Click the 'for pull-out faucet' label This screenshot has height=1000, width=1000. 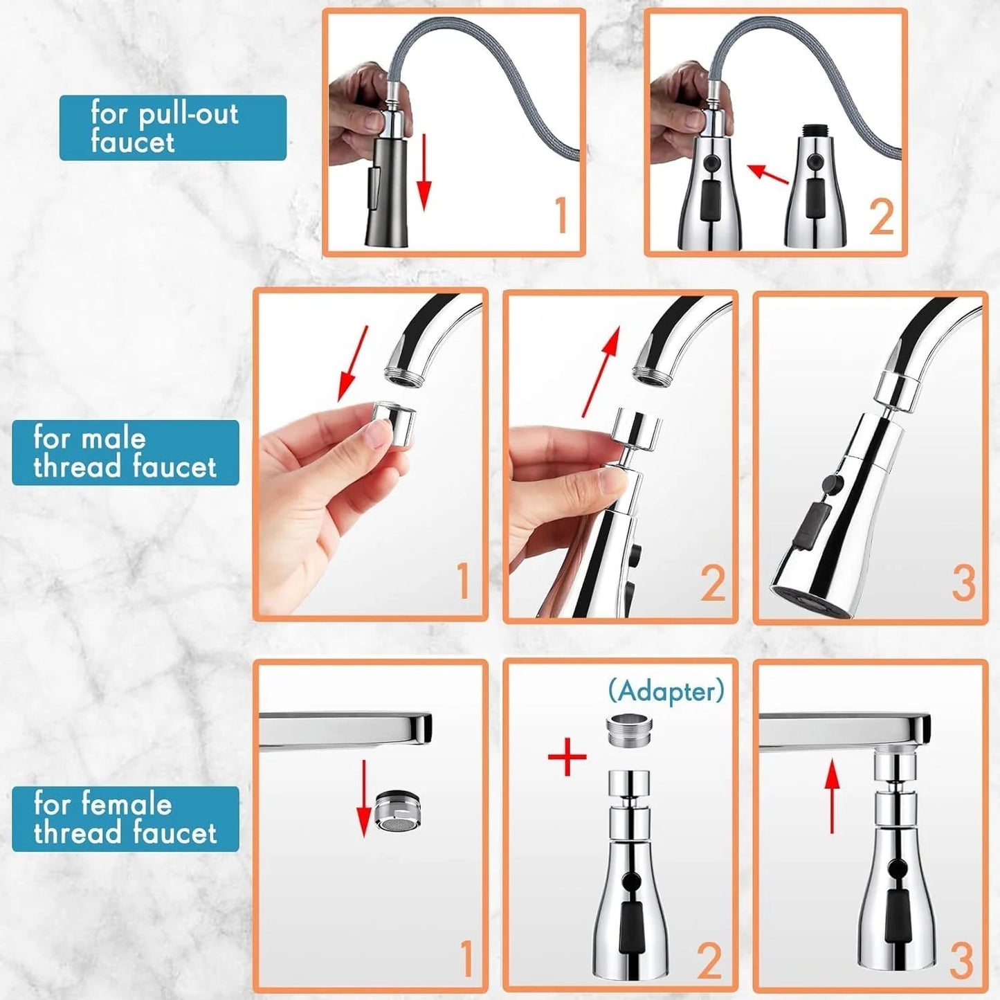(x=172, y=128)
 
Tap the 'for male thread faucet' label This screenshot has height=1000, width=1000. (x=125, y=453)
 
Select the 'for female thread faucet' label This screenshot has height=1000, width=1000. (x=125, y=819)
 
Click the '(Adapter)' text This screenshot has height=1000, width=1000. (x=666, y=691)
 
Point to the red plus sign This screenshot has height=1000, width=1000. (x=567, y=756)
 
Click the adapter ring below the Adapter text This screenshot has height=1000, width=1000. (x=629, y=731)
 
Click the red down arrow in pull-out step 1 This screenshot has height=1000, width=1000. (x=424, y=173)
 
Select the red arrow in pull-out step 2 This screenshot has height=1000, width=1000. (x=769, y=174)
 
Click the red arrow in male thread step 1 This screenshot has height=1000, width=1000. (x=352, y=365)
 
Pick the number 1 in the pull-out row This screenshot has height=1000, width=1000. (x=561, y=216)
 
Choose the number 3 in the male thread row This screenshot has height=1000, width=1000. (x=963, y=583)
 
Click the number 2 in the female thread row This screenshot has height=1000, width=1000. (x=709, y=961)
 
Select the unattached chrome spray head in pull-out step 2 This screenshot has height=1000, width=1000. (x=817, y=187)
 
